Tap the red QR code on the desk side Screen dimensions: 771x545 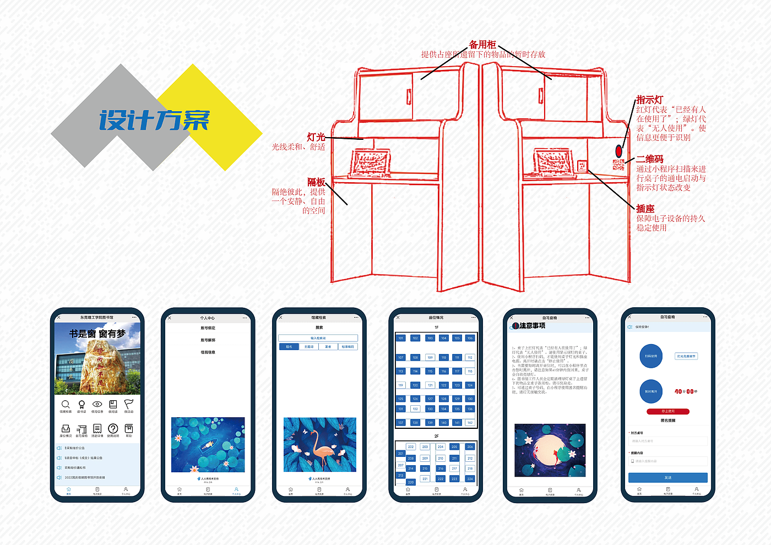click(618, 164)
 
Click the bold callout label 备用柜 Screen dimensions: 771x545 click(482, 45)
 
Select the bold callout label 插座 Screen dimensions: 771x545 click(645, 209)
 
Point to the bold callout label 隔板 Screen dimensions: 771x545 click(316, 182)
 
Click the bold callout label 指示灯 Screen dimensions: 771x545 click(650, 100)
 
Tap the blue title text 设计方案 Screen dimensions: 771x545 click(155, 119)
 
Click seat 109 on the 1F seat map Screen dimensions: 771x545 click(430, 357)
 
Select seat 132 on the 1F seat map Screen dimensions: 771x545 click(415, 409)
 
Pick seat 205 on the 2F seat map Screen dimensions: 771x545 click(454, 447)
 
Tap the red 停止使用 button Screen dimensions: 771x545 click(667, 411)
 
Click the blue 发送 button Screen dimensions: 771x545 click(667, 477)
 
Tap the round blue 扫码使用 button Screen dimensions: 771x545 click(651, 356)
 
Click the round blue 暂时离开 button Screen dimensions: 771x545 click(651, 391)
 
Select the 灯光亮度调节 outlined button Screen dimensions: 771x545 click(686, 356)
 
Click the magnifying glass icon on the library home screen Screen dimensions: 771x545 click(66, 405)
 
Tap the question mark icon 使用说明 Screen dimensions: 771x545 click(113, 428)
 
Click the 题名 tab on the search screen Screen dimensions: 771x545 click(289, 347)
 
